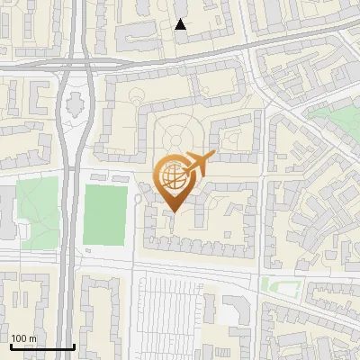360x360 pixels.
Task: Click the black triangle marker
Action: (181, 24)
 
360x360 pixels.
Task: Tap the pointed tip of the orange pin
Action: (174, 212)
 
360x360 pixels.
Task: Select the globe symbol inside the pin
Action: (172, 177)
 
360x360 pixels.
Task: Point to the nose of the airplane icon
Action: (212, 156)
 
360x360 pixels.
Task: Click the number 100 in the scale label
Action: (20, 337)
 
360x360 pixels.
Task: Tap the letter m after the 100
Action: (33, 337)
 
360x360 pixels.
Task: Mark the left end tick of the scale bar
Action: (11, 346)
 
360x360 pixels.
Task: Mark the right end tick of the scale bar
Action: (74, 346)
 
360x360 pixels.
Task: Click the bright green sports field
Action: (104, 216)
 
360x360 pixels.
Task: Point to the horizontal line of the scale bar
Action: (42, 347)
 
